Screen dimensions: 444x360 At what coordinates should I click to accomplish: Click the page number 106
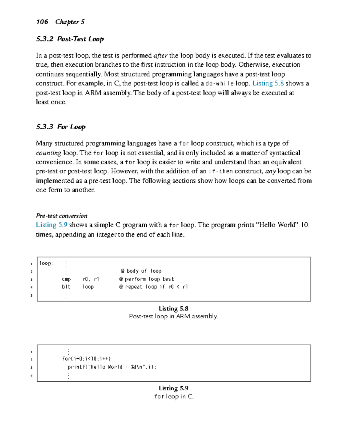42,22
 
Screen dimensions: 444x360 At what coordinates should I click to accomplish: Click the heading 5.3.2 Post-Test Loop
70,39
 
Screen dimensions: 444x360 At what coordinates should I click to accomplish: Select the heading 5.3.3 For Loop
61,127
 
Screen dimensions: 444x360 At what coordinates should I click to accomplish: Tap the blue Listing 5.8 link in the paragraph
268,83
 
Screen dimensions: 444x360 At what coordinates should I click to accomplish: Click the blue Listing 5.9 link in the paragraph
52,225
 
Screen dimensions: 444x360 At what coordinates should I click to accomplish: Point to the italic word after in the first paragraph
160,55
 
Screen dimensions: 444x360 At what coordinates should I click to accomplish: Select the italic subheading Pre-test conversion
61,216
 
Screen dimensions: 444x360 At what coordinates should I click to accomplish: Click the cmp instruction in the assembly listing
66,279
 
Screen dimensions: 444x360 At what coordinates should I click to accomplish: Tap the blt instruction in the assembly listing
66,287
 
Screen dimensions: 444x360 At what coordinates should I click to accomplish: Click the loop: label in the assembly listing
46,263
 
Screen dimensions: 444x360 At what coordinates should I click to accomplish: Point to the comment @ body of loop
141,271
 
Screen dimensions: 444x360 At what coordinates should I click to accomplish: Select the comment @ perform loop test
146,279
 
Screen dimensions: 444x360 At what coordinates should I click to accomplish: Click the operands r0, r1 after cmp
91,279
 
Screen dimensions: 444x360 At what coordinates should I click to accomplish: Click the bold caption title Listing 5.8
173,309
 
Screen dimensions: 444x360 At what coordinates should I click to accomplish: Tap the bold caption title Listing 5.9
173,388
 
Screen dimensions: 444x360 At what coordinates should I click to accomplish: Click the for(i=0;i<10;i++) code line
86,359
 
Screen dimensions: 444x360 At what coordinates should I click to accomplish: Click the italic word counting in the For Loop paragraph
48,153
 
